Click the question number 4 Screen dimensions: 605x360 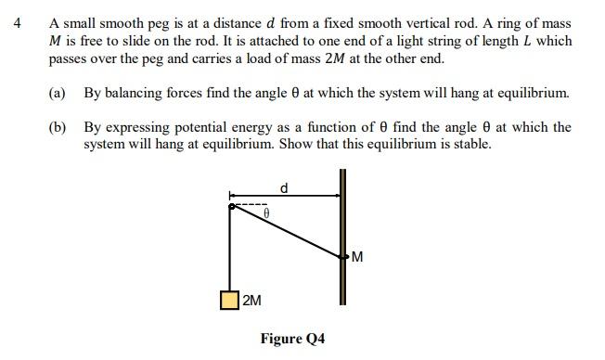point(18,23)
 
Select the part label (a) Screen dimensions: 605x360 point(58,94)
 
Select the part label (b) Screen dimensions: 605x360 point(58,127)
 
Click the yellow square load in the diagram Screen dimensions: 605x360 point(229,300)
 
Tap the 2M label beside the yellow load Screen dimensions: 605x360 point(251,301)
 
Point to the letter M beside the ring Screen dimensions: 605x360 point(357,257)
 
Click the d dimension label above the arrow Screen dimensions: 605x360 point(284,187)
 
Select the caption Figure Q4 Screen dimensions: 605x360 point(292,339)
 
